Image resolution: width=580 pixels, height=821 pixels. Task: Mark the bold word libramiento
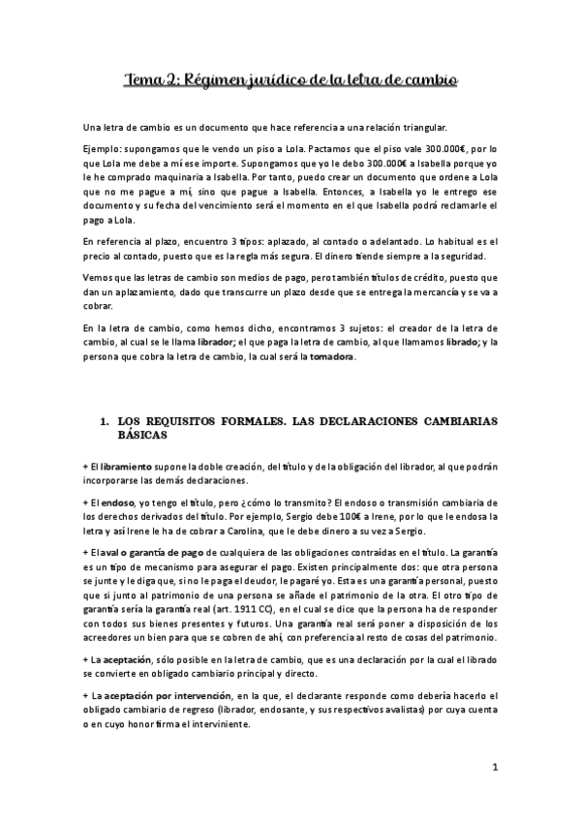point(126,467)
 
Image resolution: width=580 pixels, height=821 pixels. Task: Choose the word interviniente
point(223,733)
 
